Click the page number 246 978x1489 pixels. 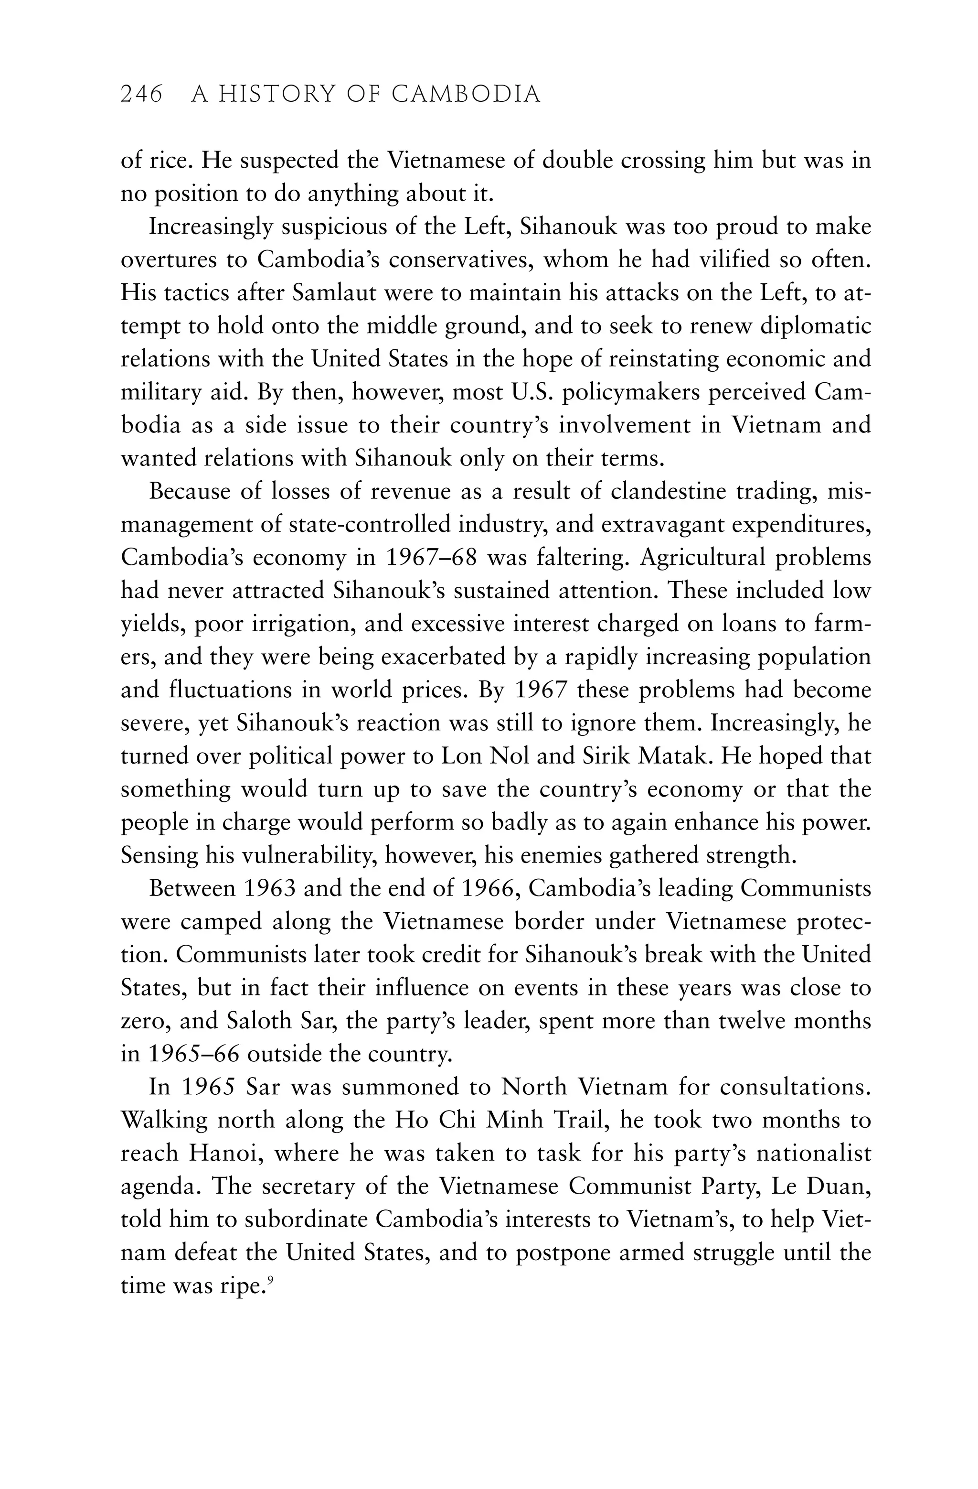click(141, 95)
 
